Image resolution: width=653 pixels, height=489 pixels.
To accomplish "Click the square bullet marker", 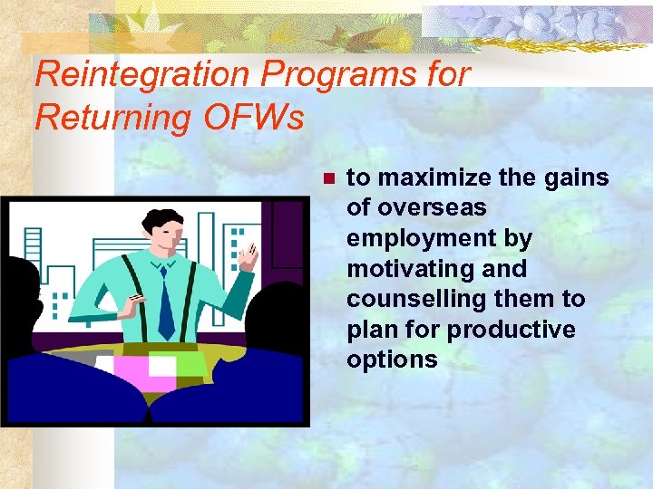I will [329, 178].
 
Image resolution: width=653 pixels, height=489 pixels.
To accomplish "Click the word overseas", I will [430, 207].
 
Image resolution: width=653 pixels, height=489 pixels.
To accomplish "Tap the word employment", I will [440, 238].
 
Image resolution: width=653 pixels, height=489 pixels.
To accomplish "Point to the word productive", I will [512, 330].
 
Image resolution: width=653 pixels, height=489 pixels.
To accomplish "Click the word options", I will [392, 360].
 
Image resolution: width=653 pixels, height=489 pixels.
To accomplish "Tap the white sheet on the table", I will [162, 365].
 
